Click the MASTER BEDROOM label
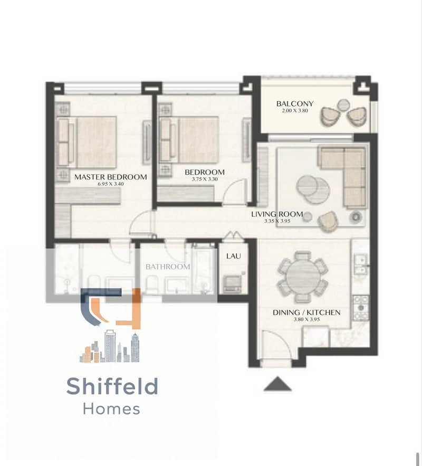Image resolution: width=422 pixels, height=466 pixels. (x=110, y=177)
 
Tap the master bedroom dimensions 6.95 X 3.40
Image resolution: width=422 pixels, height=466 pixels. (x=110, y=184)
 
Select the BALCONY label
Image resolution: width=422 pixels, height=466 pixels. (x=294, y=104)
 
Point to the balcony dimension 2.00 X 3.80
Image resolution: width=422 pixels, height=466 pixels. (x=294, y=110)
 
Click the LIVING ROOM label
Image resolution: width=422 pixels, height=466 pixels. (x=277, y=214)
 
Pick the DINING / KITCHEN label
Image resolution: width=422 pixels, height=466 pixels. (x=306, y=312)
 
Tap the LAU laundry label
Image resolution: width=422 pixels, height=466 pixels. (x=234, y=256)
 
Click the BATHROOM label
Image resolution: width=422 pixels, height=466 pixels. (x=168, y=267)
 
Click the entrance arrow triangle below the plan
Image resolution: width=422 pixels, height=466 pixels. (x=277, y=384)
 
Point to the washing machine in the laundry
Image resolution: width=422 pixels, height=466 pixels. (x=232, y=283)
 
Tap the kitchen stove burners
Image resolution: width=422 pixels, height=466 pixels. (x=361, y=308)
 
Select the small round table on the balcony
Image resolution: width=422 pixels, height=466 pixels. (x=344, y=105)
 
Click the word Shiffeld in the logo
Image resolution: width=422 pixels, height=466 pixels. (x=112, y=386)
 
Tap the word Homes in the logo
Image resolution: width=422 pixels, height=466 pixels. (x=111, y=409)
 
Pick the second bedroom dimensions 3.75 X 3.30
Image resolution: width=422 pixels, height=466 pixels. (x=205, y=179)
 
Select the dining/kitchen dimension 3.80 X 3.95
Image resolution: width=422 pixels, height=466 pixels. (x=306, y=319)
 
